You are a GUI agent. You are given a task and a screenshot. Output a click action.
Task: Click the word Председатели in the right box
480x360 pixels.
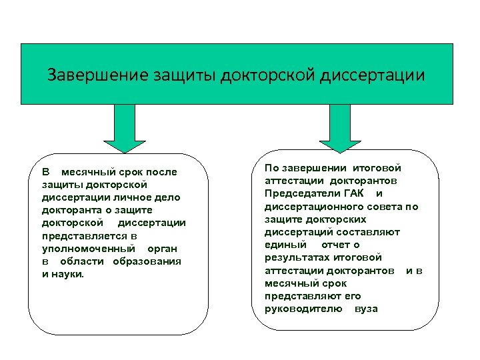(x=301, y=193)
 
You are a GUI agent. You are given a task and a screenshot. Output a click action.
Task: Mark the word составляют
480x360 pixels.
(x=369, y=232)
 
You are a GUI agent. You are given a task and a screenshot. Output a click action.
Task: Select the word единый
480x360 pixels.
(x=281, y=245)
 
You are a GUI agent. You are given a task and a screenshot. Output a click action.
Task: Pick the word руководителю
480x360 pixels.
(x=303, y=309)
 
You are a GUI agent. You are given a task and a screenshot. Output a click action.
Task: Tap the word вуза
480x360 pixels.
(x=366, y=309)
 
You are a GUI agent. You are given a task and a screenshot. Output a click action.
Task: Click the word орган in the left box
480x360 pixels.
(x=162, y=248)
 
